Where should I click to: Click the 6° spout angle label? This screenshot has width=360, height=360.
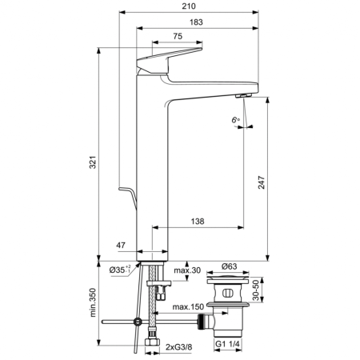click(x=235, y=119)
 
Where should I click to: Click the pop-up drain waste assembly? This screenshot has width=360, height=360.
click(x=228, y=308)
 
